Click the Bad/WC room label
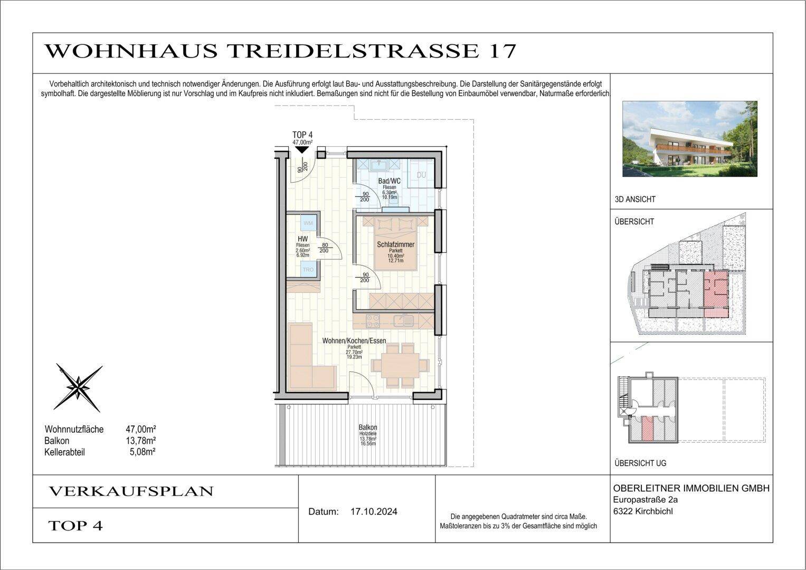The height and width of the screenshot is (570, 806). (390, 181)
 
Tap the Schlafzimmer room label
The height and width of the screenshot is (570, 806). (395, 245)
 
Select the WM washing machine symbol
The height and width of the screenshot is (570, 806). (308, 223)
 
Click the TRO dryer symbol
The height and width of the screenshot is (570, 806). (308, 270)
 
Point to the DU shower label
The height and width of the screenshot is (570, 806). (422, 175)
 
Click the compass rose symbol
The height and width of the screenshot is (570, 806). (78, 388)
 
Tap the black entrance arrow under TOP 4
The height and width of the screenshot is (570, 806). (302, 150)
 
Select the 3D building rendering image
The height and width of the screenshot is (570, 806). (690, 139)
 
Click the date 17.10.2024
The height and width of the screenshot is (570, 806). (374, 511)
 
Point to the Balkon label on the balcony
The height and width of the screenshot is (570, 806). (368, 427)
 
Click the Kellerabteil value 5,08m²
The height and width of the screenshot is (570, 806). (142, 452)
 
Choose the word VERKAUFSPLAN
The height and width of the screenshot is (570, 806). (131, 491)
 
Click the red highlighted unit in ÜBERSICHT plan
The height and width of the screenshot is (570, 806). (716, 293)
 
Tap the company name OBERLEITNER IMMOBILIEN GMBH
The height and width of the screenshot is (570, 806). (691, 488)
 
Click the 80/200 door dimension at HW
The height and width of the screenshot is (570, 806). (324, 248)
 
